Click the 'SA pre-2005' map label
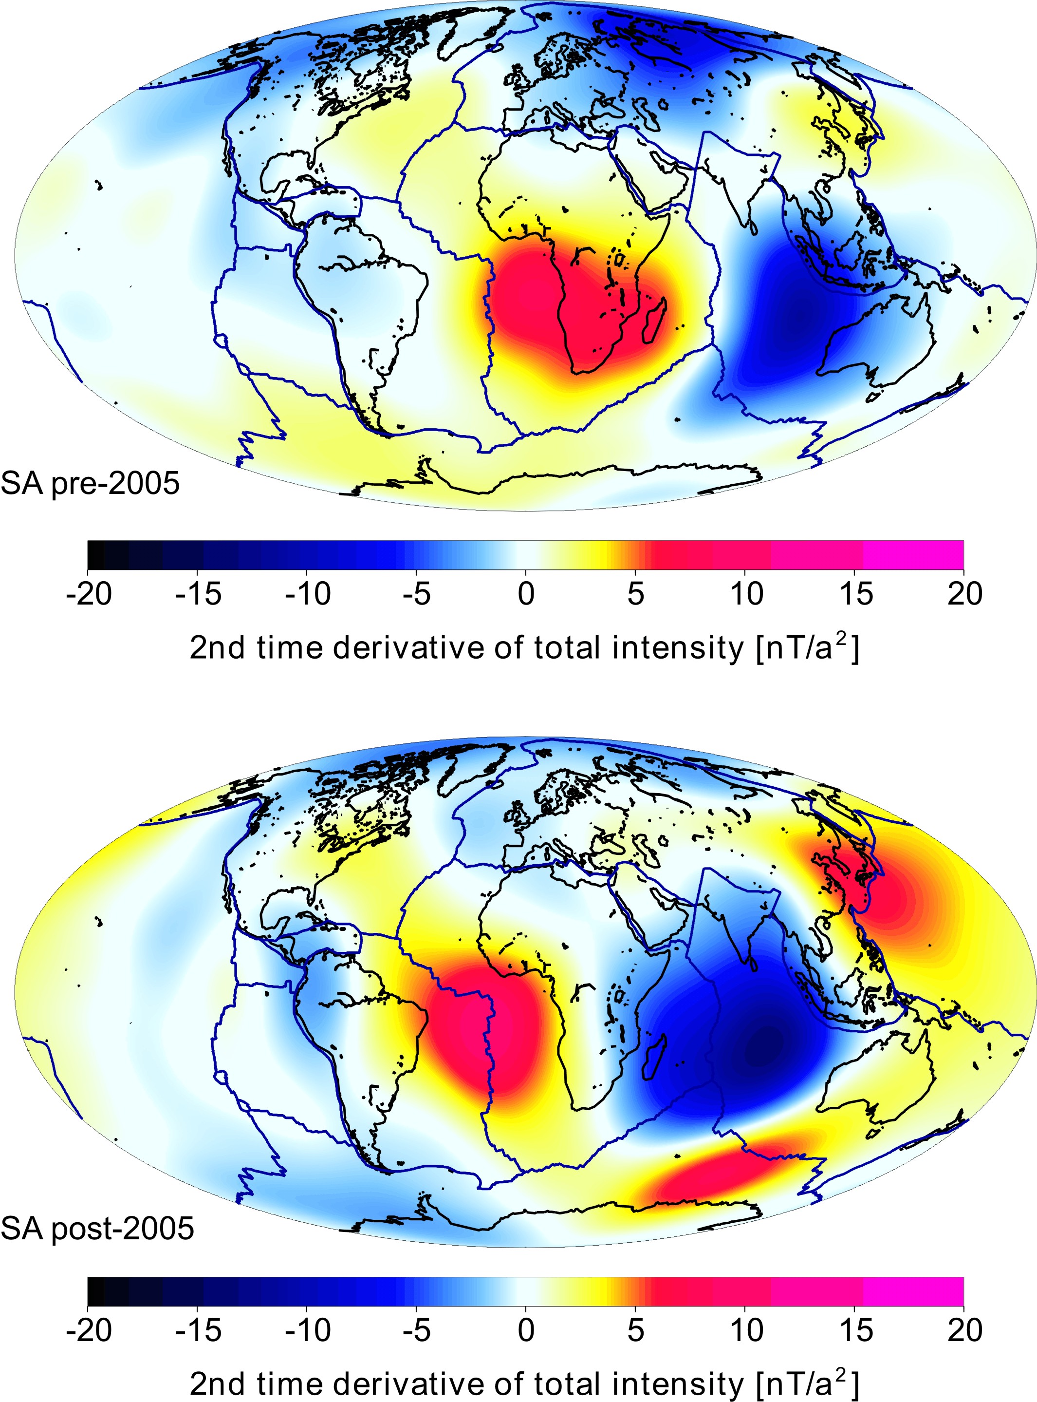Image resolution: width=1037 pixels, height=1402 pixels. tap(90, 483)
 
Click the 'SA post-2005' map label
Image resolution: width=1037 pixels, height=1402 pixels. tap(97, 1229)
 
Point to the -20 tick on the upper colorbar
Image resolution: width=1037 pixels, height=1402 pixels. tap(89, 594)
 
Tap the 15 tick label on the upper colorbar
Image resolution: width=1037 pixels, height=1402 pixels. tap(855, 594)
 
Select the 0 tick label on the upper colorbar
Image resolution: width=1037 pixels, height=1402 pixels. tap(526, 594)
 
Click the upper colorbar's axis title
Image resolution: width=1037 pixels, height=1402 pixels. tap(524, 647)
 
